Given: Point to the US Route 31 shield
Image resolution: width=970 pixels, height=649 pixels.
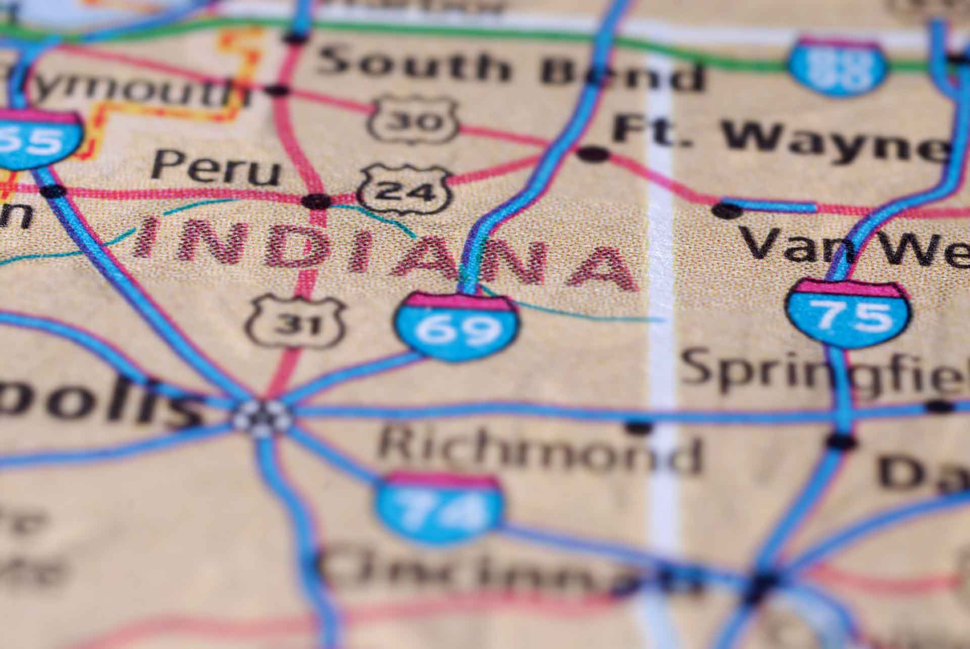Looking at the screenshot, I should (296, 322).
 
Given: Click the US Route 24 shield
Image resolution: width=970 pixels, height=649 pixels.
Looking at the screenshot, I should (404, 189).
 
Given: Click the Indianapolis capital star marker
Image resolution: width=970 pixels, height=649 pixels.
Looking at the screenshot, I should (262, 418).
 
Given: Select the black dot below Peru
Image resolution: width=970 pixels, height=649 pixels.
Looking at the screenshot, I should (317, 201).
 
